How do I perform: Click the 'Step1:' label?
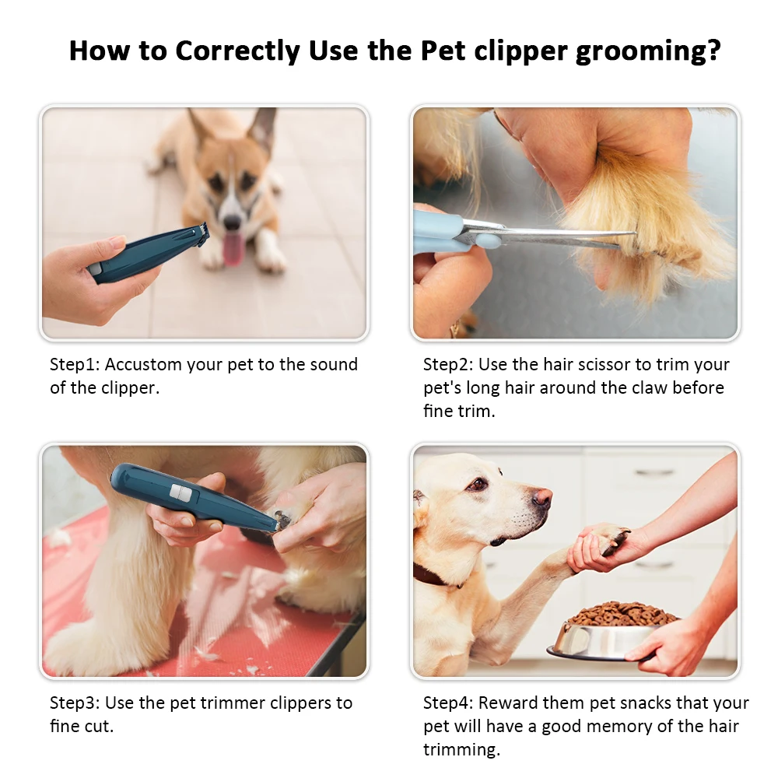(x=75, y=364)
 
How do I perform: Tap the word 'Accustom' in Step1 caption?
(x=144, y=364)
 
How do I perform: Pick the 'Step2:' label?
(x=448, y=364)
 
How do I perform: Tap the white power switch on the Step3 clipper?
(x=181, y=492)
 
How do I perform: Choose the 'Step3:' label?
(x=75, y=703)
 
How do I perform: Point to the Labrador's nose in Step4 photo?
(x=542, y=498)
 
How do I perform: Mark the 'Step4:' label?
(x=448, y=703)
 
